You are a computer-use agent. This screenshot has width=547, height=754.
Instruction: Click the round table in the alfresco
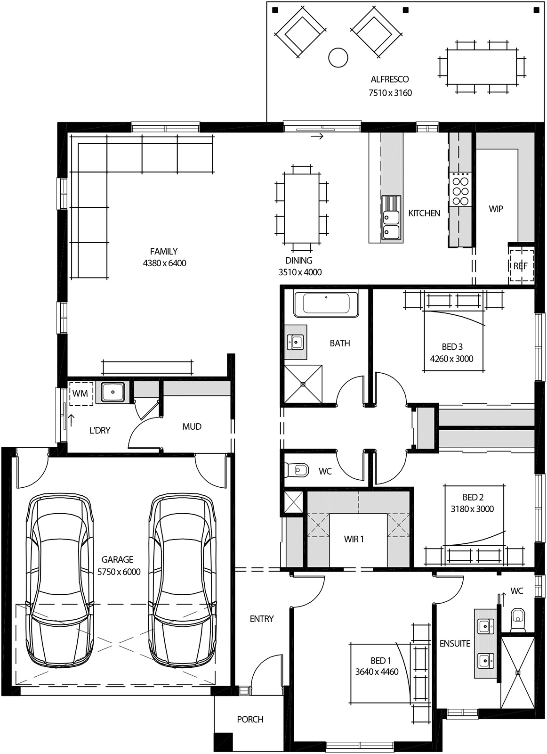tap(338, 57)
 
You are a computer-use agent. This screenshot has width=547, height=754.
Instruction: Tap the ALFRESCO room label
tap(390, 79)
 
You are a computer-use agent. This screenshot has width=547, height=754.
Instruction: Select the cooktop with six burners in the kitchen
tap(461, 189)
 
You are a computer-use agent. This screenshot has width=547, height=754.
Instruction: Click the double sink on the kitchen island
tap(391, 224)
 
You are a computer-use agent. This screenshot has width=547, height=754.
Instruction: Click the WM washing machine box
tap(80, 393)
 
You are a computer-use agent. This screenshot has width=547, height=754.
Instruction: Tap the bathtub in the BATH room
tap(326, 304)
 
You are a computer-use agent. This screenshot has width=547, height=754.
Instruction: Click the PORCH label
tap(250, 720)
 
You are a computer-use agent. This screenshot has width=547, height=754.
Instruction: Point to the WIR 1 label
tap(354, 539)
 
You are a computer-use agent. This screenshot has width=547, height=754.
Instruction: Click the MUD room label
tap(192, 426)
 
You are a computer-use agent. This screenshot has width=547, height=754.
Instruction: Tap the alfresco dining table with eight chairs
tap(482, 66)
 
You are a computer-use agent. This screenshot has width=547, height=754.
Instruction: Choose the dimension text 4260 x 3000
tap(451, 359)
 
